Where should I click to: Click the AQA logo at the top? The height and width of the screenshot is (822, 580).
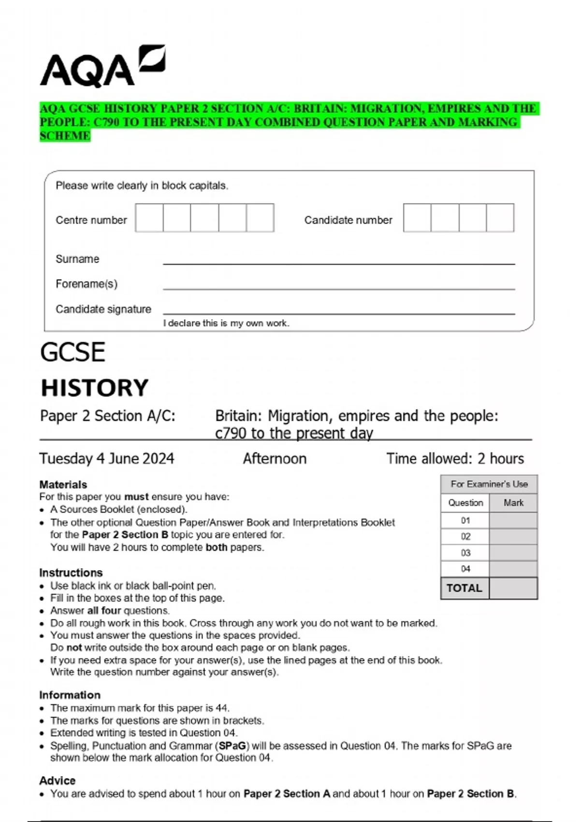[102, 67]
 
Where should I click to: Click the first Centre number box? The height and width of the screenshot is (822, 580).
[149, 218]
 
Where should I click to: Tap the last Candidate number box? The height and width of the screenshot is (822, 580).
[500, 218]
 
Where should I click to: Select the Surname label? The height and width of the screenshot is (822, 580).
[77, 259]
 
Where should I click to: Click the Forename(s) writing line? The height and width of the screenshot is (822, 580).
[338, 286]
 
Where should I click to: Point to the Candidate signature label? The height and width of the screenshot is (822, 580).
[103, 309]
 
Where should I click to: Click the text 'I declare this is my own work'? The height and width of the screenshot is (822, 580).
[226, 323]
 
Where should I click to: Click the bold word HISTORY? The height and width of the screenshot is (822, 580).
[94, 388]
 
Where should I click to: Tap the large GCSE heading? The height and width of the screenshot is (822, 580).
[72, 352]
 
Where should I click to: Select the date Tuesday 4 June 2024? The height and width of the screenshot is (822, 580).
[107, 458]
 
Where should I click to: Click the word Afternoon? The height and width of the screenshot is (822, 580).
[275, 458]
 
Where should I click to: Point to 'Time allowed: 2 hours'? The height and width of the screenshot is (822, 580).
[455, 458]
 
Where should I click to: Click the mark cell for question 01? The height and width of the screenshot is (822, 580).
[513, 521]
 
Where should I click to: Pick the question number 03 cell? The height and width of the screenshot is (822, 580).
[465, 553]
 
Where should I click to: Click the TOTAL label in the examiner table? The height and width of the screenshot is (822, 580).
[464, 588]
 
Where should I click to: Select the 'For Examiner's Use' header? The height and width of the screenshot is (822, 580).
[489, 484]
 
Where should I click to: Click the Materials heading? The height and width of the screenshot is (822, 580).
[63, 484]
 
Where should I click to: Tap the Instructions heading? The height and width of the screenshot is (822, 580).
[71, 572]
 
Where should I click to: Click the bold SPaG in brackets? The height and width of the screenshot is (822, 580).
[232, 746]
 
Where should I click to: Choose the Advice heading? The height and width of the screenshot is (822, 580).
[58, 780]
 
